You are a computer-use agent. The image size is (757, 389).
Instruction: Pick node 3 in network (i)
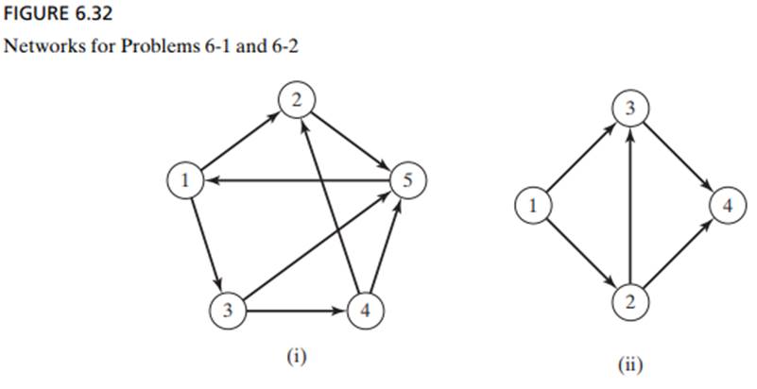click(226, 308)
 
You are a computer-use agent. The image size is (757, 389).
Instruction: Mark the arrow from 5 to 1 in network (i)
click(293, 179)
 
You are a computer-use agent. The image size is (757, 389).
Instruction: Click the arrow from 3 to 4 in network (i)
click(295, 308)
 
